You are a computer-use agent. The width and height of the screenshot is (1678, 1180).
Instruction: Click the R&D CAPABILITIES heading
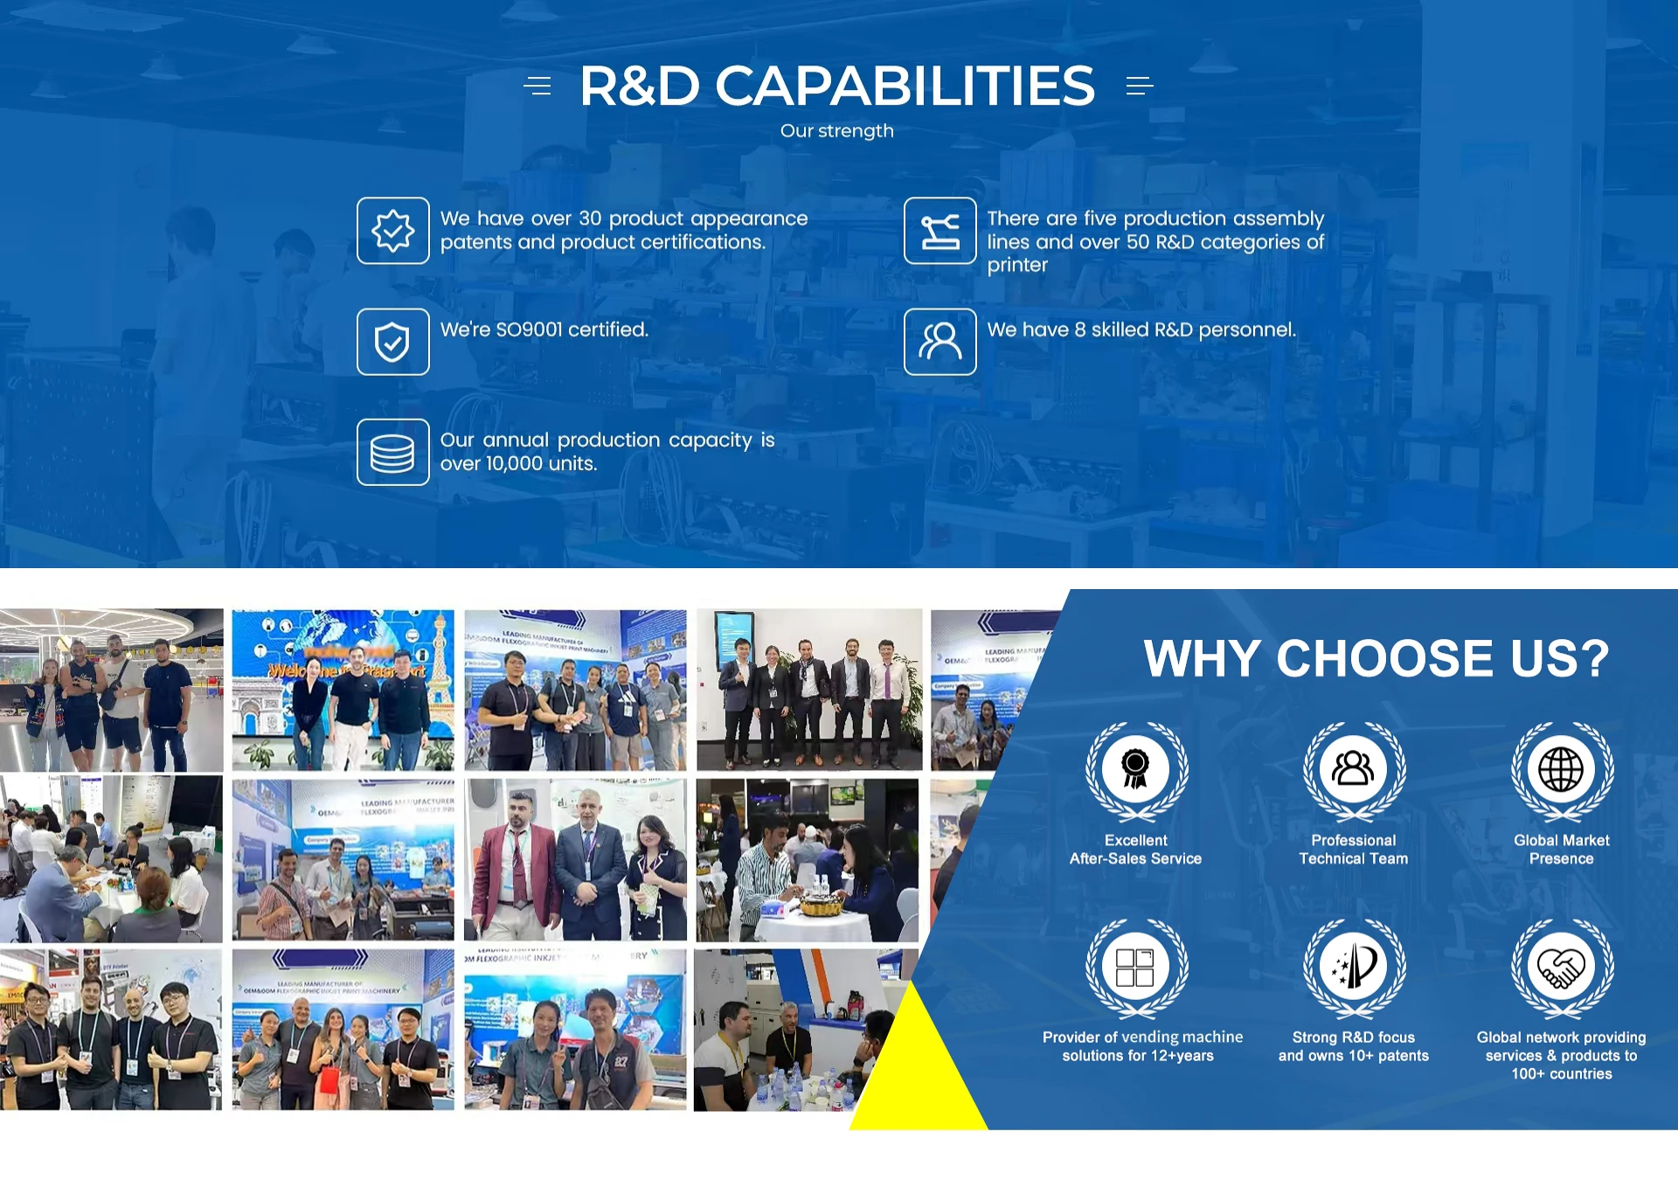coord(836,86)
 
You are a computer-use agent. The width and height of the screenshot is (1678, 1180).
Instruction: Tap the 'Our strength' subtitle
coord(836,131)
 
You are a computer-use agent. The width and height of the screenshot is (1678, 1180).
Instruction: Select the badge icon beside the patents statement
coord(392,231)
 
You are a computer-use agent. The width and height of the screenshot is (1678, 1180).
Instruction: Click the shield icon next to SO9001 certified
coord(392,342)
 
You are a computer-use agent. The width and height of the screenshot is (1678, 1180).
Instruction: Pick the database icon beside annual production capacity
coord(392,453)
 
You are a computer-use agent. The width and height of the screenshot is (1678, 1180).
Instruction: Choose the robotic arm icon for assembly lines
coord(940,231)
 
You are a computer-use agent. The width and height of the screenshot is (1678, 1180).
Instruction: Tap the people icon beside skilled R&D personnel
coord(940,342)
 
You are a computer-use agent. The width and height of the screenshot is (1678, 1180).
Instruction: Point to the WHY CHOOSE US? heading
coord(1376,658)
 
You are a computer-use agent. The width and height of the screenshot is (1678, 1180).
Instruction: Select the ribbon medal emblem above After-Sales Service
coord(1135,769)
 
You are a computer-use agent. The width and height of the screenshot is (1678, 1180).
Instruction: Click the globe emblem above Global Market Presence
coord(1561,769)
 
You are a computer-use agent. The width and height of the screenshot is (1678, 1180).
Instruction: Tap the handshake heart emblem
coord(1561,967)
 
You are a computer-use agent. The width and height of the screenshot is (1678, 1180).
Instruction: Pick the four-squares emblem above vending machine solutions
coord(1135,967)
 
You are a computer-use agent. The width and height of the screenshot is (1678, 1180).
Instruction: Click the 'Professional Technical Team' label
coord(1353,850)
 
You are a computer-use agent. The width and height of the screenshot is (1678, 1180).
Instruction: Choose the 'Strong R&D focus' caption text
coord(1353,1038)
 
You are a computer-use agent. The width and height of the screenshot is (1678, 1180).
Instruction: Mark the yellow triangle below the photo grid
coord(918,1075)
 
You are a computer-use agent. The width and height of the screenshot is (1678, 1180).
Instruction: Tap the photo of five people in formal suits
coord(808,690)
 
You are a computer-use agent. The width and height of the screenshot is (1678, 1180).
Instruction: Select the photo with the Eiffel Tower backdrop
coord(343,690)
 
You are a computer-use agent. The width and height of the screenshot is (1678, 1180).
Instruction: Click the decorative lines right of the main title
coord(1139,86)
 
